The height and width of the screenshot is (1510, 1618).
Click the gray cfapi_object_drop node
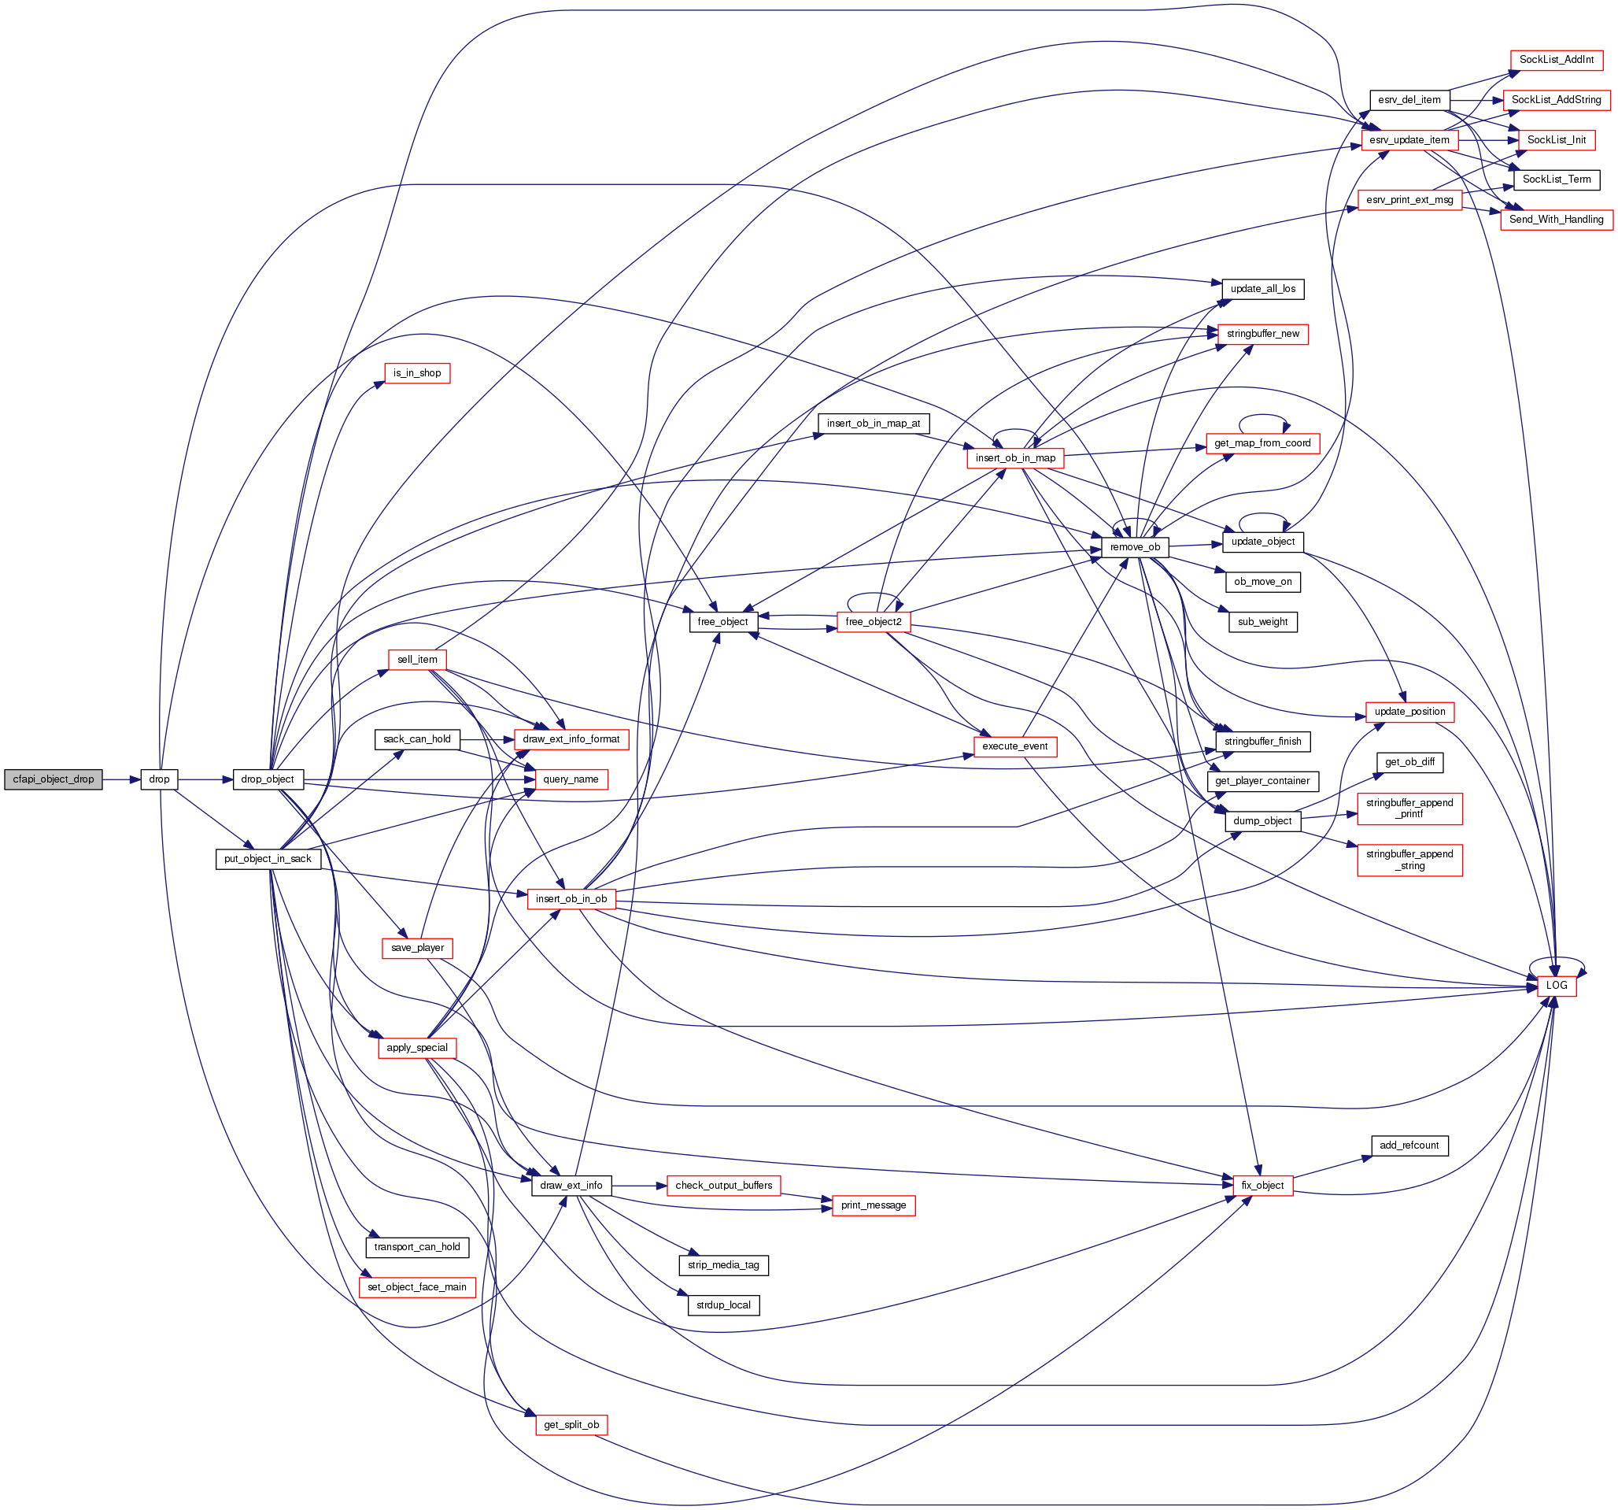pos(53,779)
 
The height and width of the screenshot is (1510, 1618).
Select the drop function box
pos(159,779)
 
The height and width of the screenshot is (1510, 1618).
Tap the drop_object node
pos(267,779)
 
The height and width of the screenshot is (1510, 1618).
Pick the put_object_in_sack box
pos(267,859)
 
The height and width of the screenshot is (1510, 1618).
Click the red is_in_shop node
pos(417,373)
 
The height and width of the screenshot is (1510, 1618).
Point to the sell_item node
pos(417,660)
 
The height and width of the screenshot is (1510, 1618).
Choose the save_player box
pos(417,948)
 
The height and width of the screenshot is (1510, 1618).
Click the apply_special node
pos(417,1048)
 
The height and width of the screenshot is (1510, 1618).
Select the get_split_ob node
pos(571,1424)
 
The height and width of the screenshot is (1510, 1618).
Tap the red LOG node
pos(1556,985)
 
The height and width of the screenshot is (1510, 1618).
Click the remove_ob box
pos(1135,547)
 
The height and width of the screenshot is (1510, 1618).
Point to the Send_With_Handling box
pos(1556,219)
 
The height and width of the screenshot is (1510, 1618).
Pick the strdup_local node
pos(722,1305)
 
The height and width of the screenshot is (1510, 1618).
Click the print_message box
pos(874,1205)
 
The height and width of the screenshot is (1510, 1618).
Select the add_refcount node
pos(1409,1145)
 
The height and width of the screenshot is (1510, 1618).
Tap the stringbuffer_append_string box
pos(1409,860)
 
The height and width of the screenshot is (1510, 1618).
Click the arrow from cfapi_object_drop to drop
pos(121,779)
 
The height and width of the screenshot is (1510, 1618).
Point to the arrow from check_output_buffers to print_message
pos(806,1196)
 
